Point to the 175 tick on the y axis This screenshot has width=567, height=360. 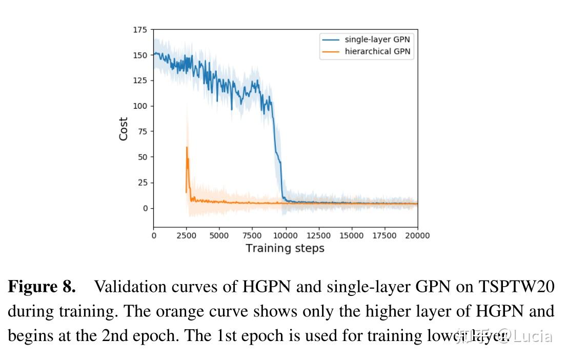[140, 30]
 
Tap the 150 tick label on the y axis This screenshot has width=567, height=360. [140, 55]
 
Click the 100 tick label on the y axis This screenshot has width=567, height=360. [140, 106]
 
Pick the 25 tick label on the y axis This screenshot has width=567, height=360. [142, 183]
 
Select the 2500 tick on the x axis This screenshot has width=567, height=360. [186, 235]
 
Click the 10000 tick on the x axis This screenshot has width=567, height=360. [285, 235]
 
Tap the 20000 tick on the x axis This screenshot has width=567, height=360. [417, 235]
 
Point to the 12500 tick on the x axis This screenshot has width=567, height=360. [318, 235]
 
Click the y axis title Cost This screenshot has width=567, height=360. [124, 129]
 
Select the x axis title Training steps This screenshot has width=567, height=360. [285, 249]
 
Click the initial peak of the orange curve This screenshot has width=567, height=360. [187, 148]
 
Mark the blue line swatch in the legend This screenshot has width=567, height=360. [330, 39]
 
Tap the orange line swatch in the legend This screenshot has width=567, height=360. [330, 51]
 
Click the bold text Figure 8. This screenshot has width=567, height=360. [42, 287]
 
